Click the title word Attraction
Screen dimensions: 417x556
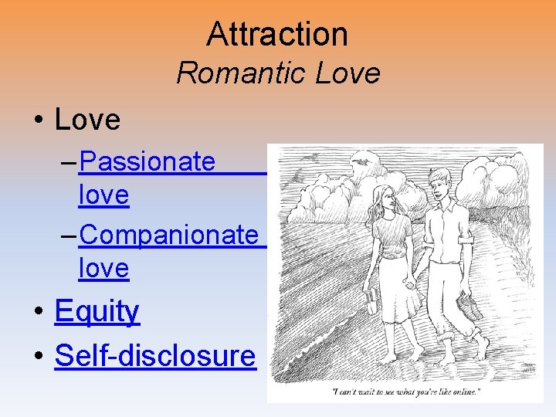pyautogui.click(x=277, y=34)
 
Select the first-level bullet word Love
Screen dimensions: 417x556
pyautogui.click(x=88, y=120)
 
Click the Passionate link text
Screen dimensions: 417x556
pyautogui.click(x=147, y=161)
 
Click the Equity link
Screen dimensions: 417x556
pyautogui.click(x=97, y=311)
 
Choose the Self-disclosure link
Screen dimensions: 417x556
pyautogui.click(x=154, y=355)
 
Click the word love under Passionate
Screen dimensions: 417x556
pyautogui.click(x=103, y=195)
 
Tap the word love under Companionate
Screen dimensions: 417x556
pyautogui.click(x=103, y=268)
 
